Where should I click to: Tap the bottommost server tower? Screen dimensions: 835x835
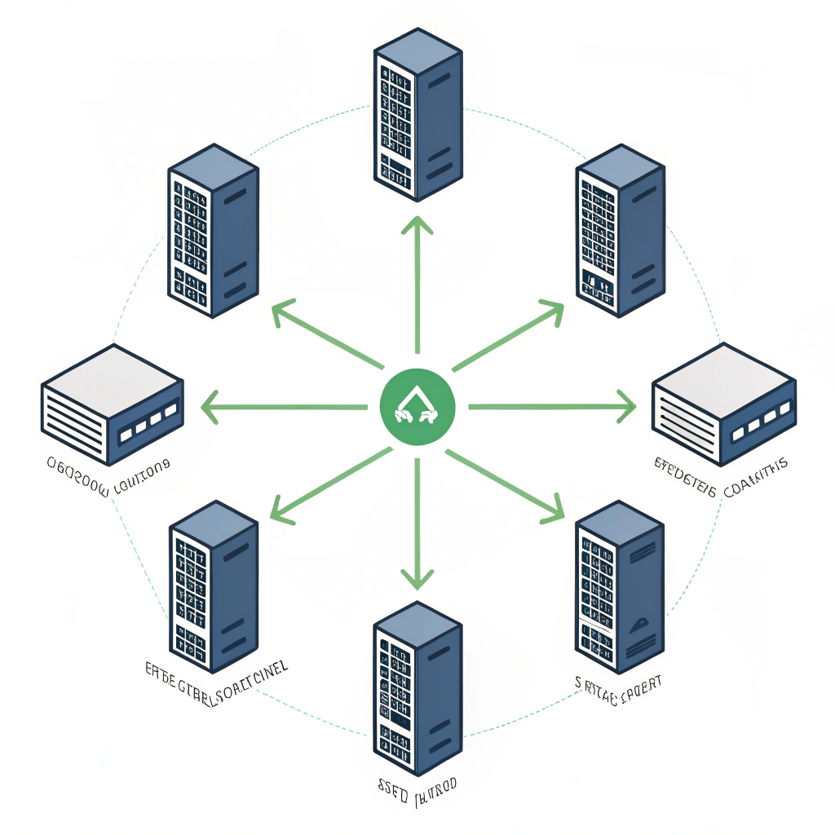coord(417,689)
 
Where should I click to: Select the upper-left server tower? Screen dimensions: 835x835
coord(214,230)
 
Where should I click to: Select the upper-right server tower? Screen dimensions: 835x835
coord(620,230)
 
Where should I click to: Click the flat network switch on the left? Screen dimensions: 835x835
coord(112,401)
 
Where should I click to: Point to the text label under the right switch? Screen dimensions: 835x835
coord(721,467)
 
